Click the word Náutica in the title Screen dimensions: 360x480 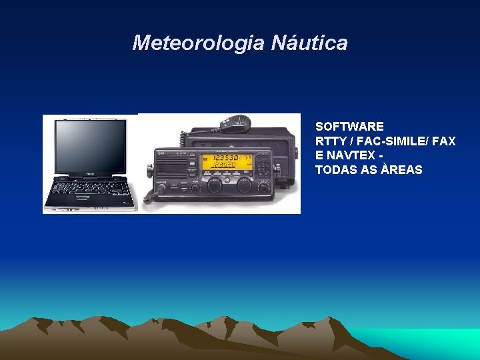pos(309,43)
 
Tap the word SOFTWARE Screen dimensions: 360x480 pos(349,127)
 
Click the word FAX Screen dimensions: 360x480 pos(444,141)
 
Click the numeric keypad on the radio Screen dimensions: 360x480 pos(263,162)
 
